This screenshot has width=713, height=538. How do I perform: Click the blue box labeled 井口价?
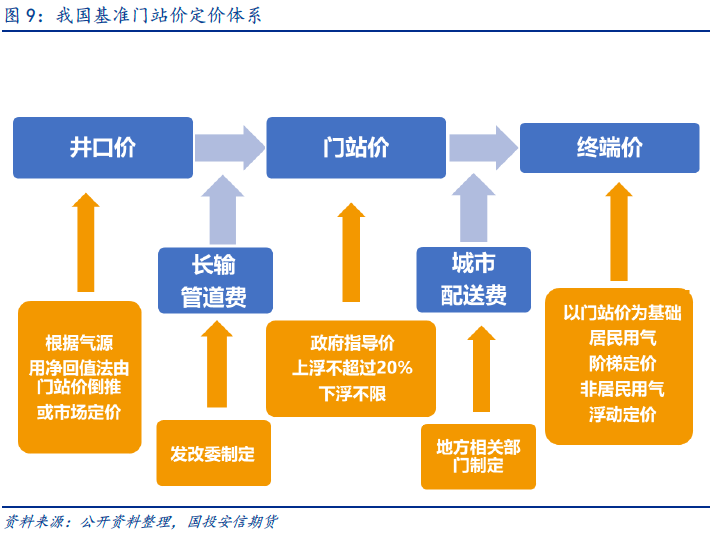103,148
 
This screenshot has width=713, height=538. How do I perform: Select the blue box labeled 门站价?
356,148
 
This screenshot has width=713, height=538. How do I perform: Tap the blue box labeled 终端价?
609,148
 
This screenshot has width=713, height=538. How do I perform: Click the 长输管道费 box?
215,280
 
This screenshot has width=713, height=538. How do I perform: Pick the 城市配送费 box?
473,280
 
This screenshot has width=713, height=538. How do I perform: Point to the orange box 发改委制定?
213,453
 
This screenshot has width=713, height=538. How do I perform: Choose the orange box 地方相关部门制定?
478,457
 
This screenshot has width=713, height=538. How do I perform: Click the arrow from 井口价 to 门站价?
230,148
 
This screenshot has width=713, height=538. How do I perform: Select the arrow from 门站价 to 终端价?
483,148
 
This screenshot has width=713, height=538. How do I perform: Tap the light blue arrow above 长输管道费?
223,210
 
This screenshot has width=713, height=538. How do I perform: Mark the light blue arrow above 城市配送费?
473,207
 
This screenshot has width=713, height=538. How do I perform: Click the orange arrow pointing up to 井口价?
85,242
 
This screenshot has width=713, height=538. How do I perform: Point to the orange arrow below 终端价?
619,231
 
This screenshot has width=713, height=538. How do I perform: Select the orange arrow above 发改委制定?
217,364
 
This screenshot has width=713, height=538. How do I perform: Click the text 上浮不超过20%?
352,367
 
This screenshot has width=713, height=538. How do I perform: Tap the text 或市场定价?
79,412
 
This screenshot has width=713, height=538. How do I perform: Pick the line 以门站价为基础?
622,313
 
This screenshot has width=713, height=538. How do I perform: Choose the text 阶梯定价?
622,363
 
